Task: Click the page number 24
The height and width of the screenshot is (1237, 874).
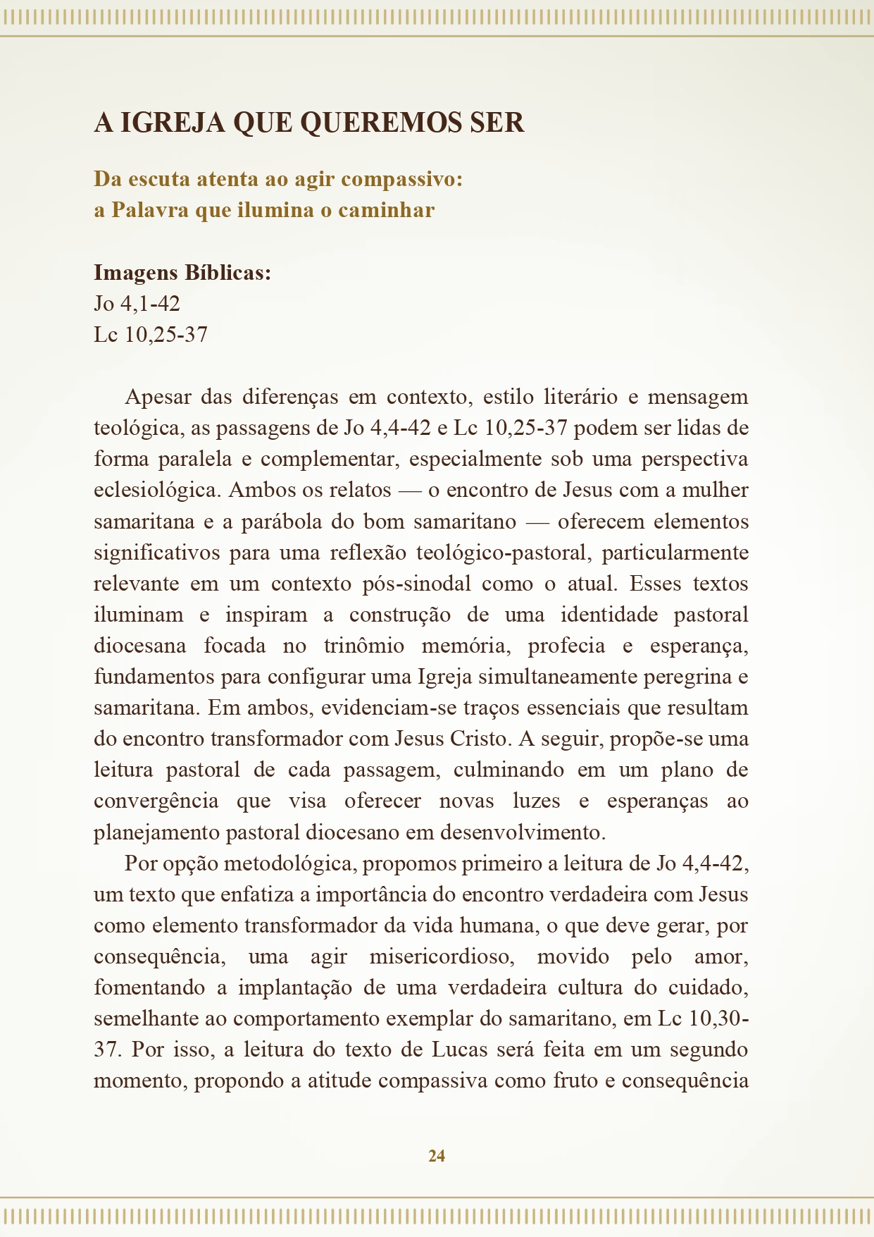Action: tap(437, 1156)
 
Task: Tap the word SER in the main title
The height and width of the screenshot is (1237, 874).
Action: tap(497, 123)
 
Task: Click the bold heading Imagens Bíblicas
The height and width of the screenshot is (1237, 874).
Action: tap(182, 273)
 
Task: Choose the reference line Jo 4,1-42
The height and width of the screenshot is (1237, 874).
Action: tap(137, 304)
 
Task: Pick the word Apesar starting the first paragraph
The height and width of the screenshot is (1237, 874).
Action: tap(158, 397)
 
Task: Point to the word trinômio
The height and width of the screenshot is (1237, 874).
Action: tap(364, 646)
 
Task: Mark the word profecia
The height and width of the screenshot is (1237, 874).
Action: tap(566, 646)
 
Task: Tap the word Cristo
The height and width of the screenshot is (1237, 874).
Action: tap(477, 739)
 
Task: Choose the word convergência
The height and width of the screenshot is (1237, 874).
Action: tap(156, 801)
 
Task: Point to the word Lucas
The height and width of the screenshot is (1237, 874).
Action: tap(459, 1050)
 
